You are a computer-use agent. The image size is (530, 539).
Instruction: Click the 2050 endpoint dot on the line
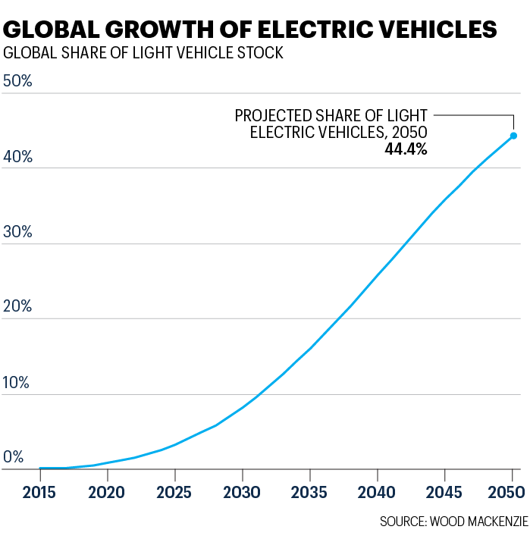[513, 136]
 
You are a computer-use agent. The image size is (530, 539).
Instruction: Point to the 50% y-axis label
[17, 81]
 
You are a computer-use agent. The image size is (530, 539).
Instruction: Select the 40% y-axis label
[17, 157]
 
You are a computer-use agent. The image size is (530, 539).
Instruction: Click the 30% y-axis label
[17, 232]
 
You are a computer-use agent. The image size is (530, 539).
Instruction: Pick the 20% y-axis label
[17, 307]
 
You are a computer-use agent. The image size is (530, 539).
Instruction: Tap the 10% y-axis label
[17, 382]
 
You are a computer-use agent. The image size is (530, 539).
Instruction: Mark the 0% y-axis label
[14, 457]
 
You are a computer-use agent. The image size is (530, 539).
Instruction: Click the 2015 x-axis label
[40, 492]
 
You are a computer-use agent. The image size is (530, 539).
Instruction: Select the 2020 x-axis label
[108, 492]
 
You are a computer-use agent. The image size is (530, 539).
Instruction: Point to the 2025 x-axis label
[175, 492]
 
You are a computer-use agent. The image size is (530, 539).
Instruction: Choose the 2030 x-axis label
[243, 492]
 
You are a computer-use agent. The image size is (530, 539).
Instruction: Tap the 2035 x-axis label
[310, 492]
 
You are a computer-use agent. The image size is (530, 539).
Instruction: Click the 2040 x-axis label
[378, 492]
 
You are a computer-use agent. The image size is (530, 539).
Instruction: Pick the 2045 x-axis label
[445, 492]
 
